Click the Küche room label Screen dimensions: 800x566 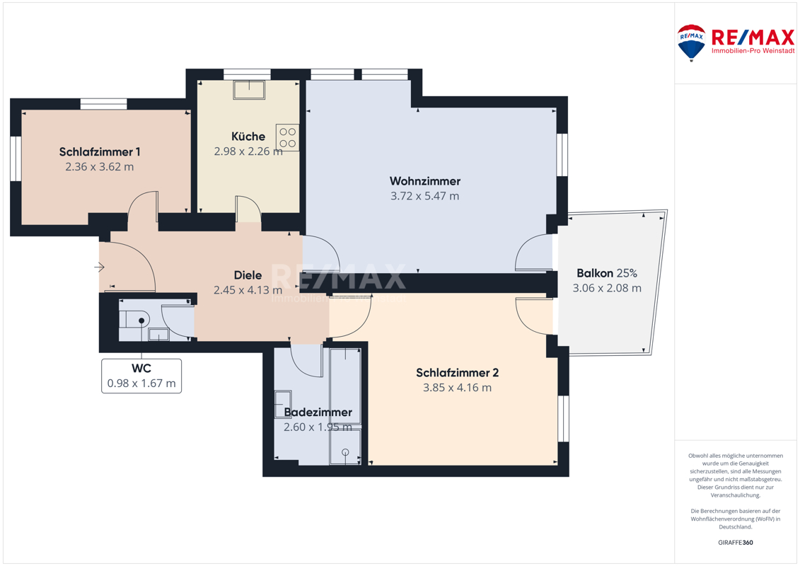248,137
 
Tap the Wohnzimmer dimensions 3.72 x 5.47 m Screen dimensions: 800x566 424,196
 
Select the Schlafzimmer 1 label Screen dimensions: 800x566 100,151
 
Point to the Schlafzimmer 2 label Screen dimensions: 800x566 457,373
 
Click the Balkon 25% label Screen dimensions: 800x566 607,273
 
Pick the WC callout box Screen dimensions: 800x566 141,376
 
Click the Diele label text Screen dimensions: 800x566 248,275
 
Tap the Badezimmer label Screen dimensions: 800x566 318,412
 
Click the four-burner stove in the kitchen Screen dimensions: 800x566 287,138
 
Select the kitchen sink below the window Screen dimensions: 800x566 249,90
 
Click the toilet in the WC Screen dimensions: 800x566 134,320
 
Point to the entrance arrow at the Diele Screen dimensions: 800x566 100,267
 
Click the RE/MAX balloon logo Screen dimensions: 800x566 691,43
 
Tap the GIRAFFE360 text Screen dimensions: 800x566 735,543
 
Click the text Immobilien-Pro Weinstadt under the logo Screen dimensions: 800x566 753,50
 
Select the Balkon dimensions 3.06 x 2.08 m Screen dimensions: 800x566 607,288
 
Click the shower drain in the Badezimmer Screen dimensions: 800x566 345,451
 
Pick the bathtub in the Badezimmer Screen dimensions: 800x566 345,386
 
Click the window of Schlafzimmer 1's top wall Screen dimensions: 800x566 103,104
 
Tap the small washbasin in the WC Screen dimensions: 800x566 158,334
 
